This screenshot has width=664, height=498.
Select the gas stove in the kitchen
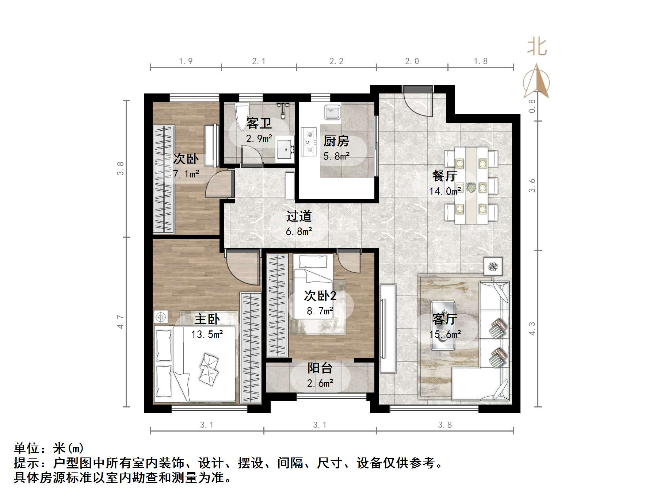click(x=309, y=141)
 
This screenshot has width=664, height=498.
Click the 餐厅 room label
click(x=444, y=176)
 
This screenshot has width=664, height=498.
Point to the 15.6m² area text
click(x=444, y=334)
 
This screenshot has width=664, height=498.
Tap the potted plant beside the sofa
click(x=493, y=266)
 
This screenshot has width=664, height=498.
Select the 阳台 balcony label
click(x=320, y=368)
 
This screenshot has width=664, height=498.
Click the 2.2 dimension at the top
click(x=336, y=61)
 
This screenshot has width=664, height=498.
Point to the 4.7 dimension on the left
click(x=121, y=322)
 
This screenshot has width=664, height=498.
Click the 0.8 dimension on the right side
click(x=532, y=106)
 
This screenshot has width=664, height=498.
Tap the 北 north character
click(x=537, y=47)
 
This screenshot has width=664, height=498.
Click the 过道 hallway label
click(x=299, y=216)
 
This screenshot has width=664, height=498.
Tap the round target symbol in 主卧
click(x=161, y=317)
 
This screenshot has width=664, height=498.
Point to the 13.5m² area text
click(x=207, y=334)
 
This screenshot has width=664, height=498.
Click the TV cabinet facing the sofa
click(x=388, y=328)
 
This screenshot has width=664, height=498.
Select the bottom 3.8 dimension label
click(x=444, y=425)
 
